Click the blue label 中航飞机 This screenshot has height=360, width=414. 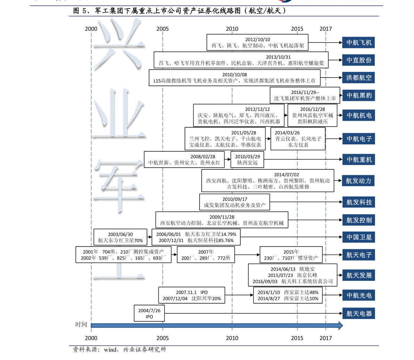358,42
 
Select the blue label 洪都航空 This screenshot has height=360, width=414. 358,78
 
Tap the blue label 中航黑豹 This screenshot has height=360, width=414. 358,95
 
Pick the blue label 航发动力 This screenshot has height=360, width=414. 358,181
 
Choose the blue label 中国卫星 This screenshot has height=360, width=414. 358,237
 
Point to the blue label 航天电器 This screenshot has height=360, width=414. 358,313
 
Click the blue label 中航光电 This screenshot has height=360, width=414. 358,295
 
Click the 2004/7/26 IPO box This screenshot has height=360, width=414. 149,313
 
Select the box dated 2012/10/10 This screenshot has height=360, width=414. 258,42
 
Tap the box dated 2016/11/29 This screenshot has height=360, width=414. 305,95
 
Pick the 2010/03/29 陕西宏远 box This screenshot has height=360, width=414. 247,160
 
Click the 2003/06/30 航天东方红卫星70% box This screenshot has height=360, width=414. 120,237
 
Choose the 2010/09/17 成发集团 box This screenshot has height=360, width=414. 235,202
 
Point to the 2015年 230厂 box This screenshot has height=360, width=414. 291,255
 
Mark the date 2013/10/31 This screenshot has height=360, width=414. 278,57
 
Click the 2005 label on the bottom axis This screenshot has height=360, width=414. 163,338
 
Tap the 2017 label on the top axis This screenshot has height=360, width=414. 326,29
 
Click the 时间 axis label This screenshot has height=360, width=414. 81,324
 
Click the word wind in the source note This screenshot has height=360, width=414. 110,350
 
